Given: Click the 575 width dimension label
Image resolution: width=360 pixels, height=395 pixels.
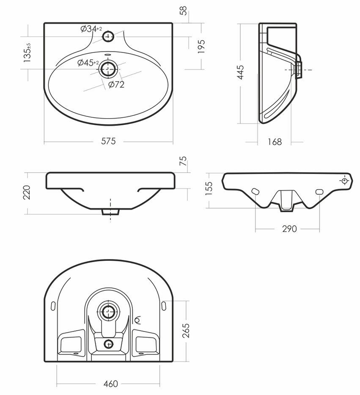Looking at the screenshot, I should (108, 141).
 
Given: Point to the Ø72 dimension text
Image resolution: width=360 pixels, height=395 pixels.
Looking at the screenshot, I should (116, 85).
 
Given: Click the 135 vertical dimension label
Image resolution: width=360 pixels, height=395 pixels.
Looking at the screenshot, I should (27, 53).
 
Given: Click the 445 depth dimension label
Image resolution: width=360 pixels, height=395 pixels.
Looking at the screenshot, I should (240, 73).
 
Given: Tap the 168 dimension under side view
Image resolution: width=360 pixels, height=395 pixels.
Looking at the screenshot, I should (275, 142).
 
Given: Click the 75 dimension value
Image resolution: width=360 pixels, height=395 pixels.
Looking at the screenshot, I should (183, 161).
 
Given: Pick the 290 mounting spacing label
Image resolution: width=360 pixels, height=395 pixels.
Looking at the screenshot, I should (289, 229).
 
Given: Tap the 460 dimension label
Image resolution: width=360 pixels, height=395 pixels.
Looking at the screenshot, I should (110, 384).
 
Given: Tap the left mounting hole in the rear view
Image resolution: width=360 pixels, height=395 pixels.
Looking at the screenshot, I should (255, 191).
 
